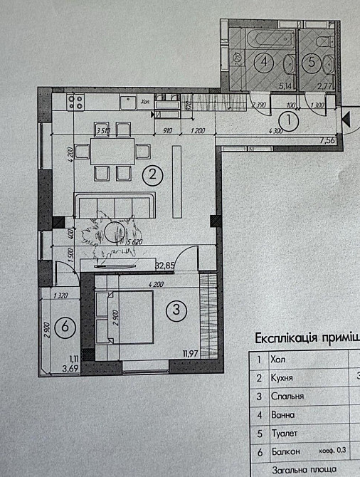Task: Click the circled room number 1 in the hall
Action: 295,123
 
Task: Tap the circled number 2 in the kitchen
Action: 151,173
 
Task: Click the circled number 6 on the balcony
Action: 65,327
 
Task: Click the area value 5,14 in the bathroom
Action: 264,85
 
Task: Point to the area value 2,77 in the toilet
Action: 324,85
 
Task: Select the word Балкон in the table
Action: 285,451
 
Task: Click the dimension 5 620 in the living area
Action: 133,242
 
